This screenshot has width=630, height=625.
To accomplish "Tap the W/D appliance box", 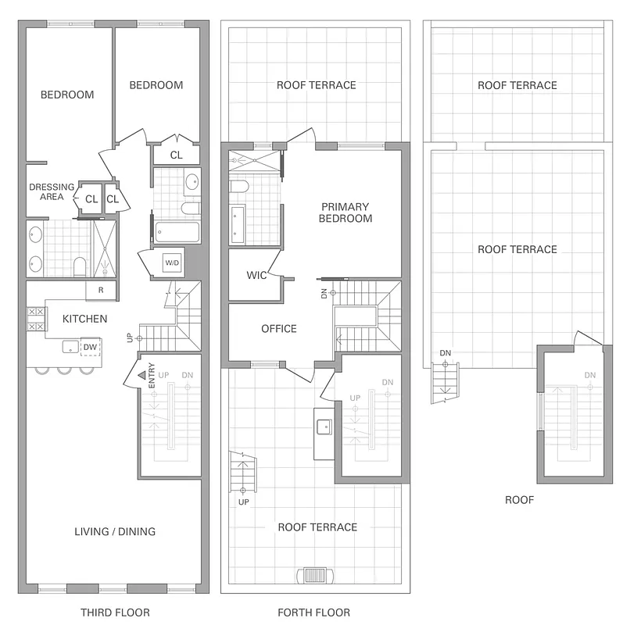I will [x=172, y=263].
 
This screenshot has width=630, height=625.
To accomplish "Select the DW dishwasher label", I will [x=90, y=347].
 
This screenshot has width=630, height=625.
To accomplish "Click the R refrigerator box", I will [x=101, y=289].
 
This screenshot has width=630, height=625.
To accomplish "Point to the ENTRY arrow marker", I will [x=141, y=376].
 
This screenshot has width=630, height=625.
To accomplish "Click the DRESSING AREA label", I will [x=52, y=192].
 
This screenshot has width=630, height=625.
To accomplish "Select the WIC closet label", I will [x=257, y=275].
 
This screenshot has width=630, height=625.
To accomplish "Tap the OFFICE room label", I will [x=279, y=329].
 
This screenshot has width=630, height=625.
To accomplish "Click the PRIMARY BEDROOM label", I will [x=345, y=212].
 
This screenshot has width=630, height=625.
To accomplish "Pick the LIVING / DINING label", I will [x=115, y=532].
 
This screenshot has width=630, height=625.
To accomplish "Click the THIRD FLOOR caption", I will [x=115, y=612].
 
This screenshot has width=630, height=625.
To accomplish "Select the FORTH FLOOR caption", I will [x=313, y=612].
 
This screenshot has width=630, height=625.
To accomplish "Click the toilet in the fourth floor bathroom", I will [x=240, y=187].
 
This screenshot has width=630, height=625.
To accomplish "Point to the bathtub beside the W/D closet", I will [x=177, y=232].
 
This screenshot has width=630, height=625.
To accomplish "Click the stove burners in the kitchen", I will [x=36, y=318].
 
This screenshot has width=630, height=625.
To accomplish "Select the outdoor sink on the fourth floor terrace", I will [x=324, y=427].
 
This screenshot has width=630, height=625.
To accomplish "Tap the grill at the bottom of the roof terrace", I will [x=317, y=576].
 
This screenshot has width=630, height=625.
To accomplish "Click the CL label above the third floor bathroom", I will [x=176, y=155].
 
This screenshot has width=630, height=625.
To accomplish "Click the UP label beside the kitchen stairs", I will [x=130, y=338].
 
